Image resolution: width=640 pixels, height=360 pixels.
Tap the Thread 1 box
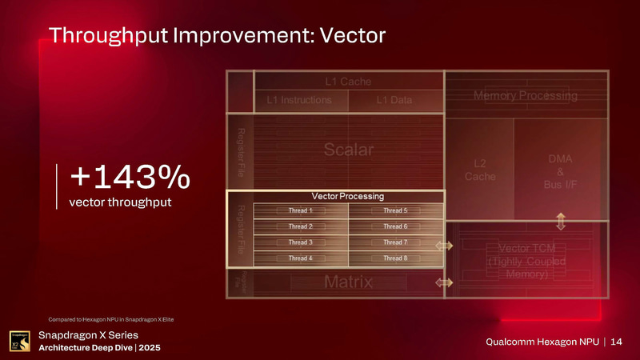pyautogui.click(x=301, y=211)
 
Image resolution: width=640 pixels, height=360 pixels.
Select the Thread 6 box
pyautogui.click(x=395, y=226)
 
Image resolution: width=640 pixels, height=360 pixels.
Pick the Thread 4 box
pyautogui.click(x=301, y=258)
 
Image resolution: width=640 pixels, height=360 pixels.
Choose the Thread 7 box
pyautogui.click(x=395, y=242)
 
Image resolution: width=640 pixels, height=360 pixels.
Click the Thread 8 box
pyautogui.click(x=395, y=258)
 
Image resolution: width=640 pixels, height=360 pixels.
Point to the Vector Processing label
pyautogui.click(x=348, y=196)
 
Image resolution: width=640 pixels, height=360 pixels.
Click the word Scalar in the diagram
pyautogui.click(x=349, y=150)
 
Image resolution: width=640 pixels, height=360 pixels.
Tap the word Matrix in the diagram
pyautogui.click(x=348, y=282)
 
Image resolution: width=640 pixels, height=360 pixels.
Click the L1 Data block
pyautogui.click(x=394, y=99)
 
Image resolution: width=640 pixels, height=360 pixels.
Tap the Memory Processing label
pyautogui.click(x=526, y=95)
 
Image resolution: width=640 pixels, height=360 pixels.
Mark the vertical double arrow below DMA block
pyautogui.click(x=561, y=221)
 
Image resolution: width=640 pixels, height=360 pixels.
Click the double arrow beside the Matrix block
pyautogui.click(x=443, y=282)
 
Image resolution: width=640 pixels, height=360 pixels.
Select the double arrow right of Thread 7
pyautogui.click(x=443, y=246)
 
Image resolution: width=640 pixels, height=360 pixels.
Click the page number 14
pyautogui.click(x=616, y=342)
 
